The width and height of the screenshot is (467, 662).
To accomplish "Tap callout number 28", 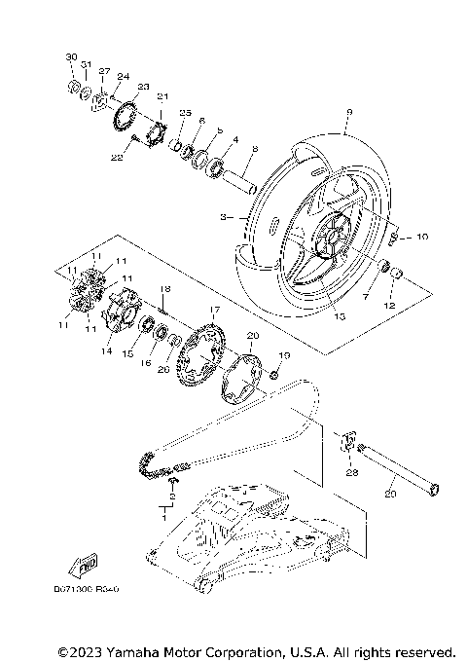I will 351,472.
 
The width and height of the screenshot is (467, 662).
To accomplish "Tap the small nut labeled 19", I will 276,374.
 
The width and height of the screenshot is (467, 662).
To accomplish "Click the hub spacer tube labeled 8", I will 240,180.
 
